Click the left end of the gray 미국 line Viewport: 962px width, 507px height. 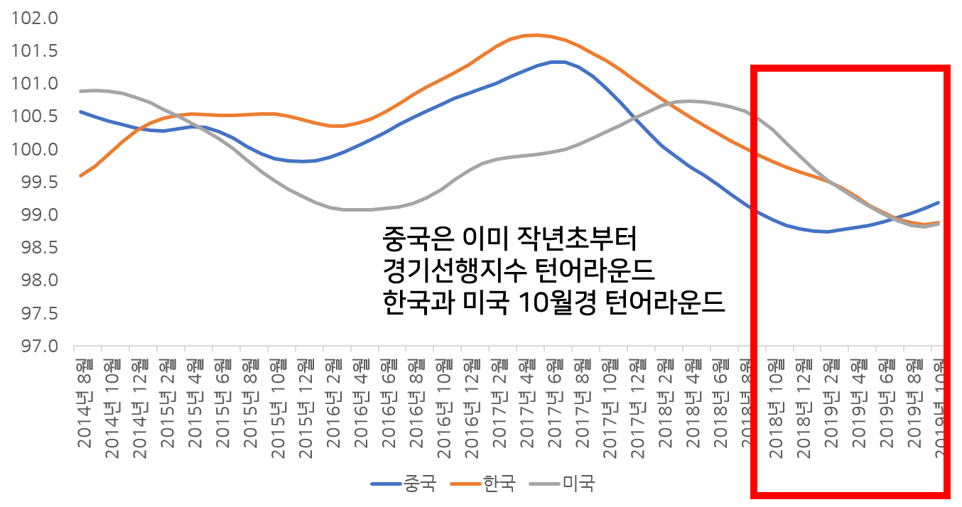80,91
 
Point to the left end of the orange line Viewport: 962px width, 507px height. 80,175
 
